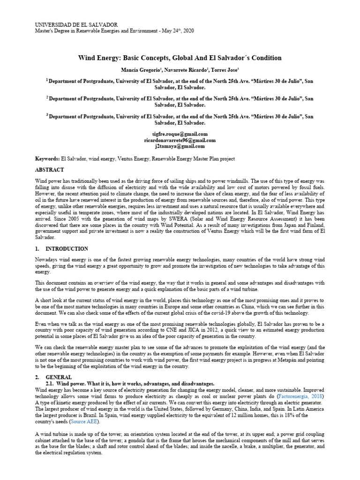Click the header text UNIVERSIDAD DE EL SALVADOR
pyautogui.click(x=77, y=24)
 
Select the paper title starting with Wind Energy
pyautogui.click(x=180, y=58)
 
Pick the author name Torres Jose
pyautogui.click(x=225, y=70)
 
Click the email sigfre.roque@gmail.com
pyautogui.click(x=180, y=134)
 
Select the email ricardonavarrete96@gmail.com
pyautogui.click(x=180, y=140)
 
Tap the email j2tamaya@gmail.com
pyautogui.click(x=180, y=146)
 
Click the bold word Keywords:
pyautogui.click(x=48, y=159)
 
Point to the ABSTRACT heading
pyautogui.click(x=50, y=170)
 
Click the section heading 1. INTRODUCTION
pyautogui.click(x=62, y=249)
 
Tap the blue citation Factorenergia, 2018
pyautogui.click(x=301, y=396)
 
